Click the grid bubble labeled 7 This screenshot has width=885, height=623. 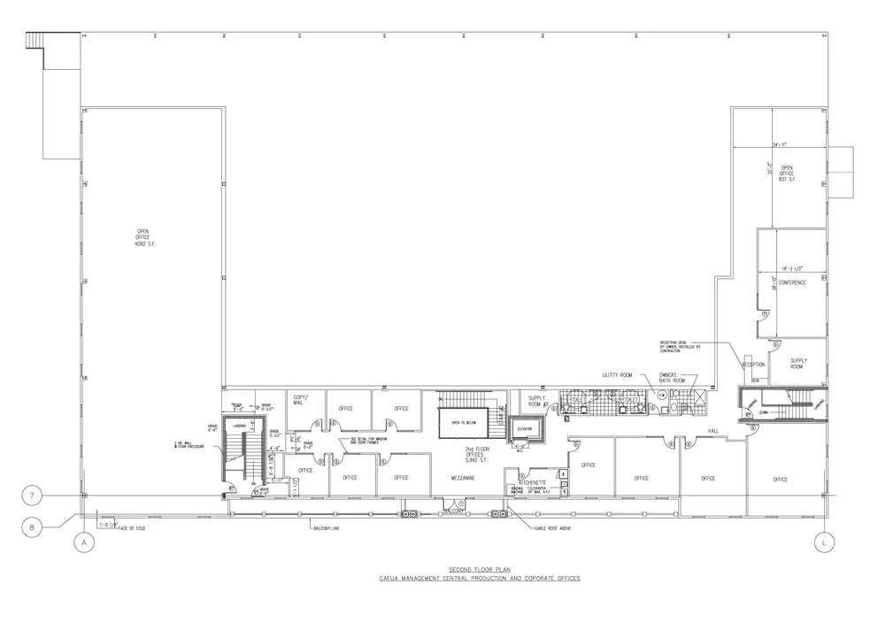[33, 496]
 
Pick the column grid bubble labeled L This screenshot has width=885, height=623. [824, 543]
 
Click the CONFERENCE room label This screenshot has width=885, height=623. [792, 282]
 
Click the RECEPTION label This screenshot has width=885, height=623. [753, 364]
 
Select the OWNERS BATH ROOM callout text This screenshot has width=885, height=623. [668, 378]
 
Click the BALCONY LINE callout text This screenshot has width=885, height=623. [324, 529]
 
